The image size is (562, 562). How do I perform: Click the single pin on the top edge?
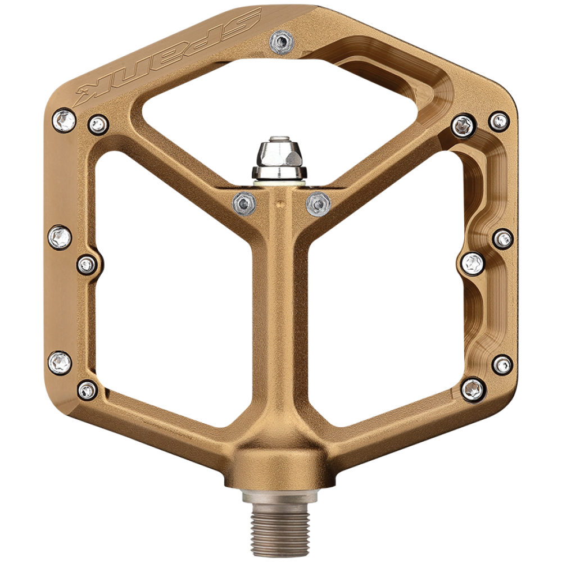pyautogui.click(x=282, y=42)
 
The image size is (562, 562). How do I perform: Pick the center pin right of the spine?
pyautogui.click(x=318, y=204)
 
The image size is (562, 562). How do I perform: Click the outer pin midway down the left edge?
pyautogui.click(x=60, y=237)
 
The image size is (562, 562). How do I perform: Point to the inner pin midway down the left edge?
pyautogui.click(x=87, y=265)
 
